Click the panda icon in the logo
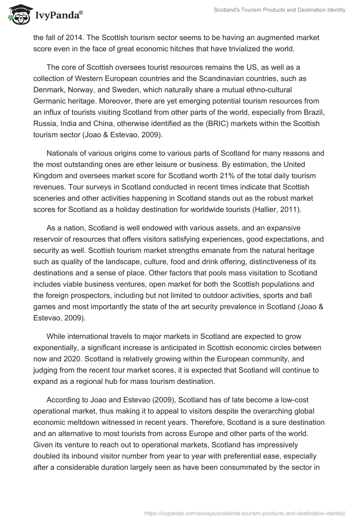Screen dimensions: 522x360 point(17,15)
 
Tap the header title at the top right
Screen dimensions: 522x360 point(279,10)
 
